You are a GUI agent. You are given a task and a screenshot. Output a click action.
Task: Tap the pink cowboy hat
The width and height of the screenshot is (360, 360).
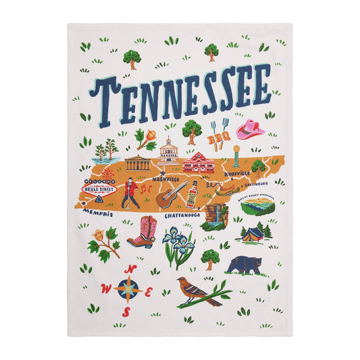click(x=251, y=130)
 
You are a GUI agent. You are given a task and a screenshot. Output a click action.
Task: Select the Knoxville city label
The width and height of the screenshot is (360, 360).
click(x=239, y=174)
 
